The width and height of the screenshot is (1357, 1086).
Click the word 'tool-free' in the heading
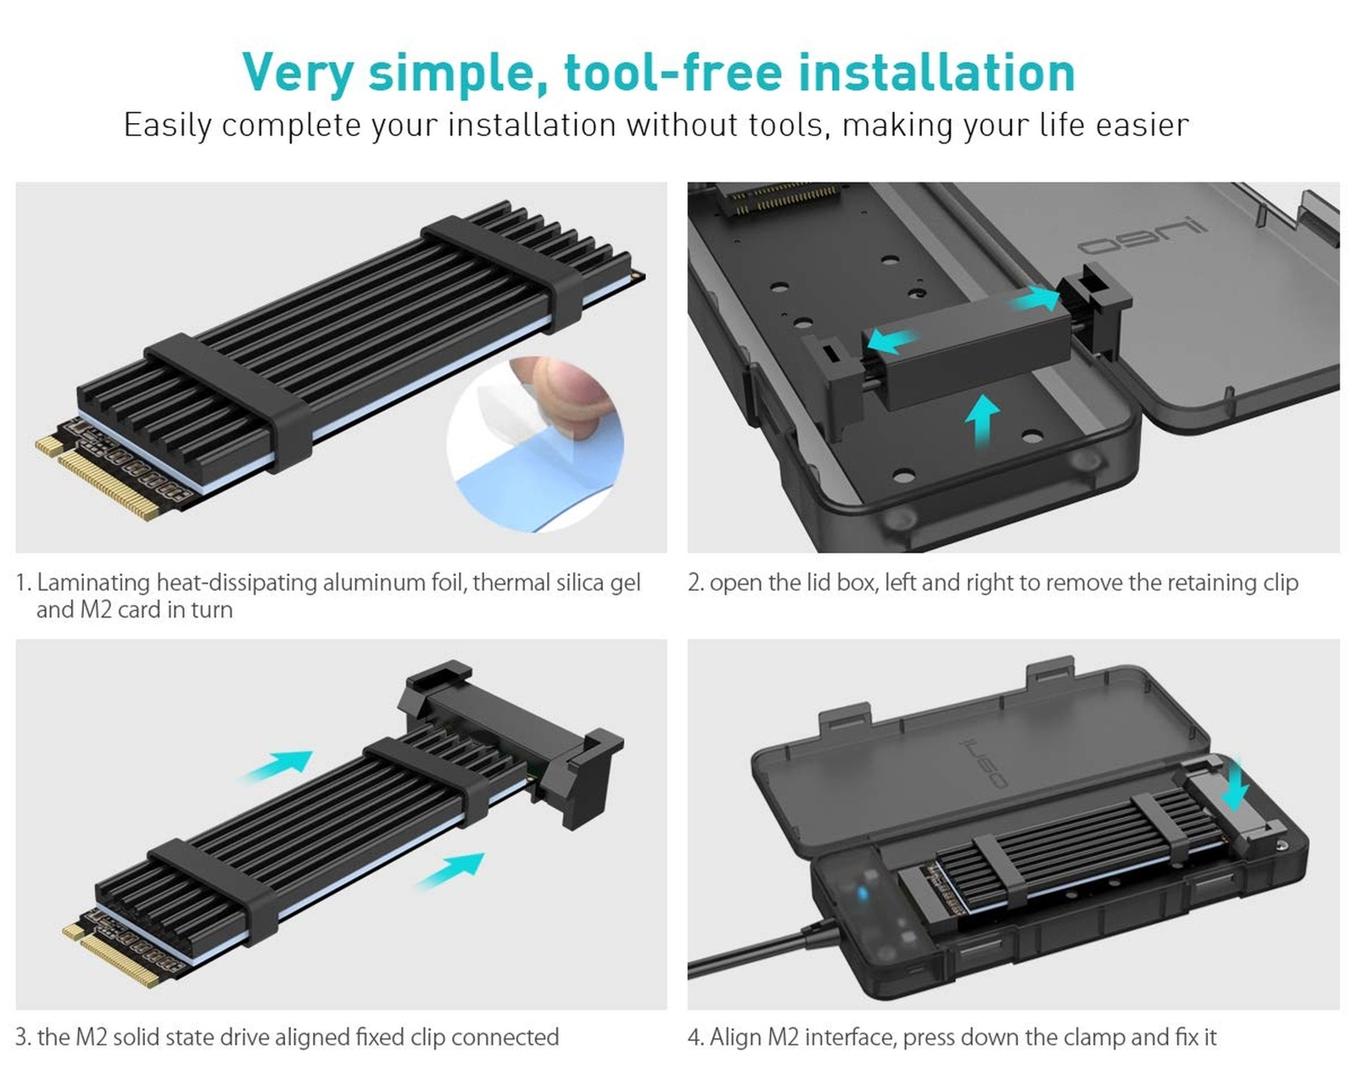[673, 73]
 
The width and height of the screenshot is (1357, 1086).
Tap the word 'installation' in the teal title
[936, 73]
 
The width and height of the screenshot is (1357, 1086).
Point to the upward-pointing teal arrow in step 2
[982, 420]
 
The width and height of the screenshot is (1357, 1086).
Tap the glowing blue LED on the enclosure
[862, 893]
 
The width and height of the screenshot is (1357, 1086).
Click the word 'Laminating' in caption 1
[93, 582]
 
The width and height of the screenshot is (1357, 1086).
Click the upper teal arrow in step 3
[276, 766]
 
